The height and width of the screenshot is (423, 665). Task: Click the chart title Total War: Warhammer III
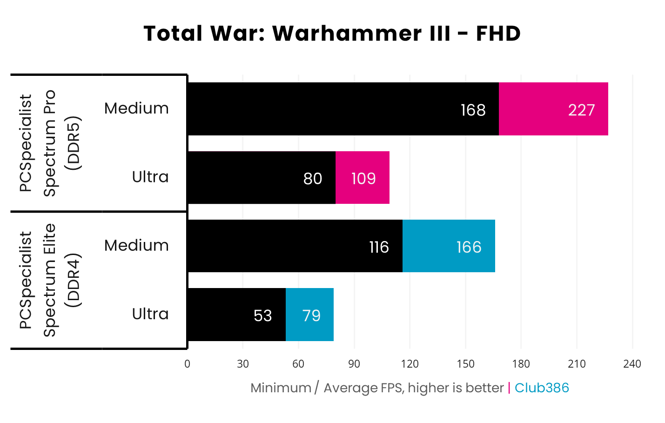tap(332, 34)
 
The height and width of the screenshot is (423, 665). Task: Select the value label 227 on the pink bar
tap(581, 110)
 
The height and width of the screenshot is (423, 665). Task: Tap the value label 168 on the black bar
tap(473, 110)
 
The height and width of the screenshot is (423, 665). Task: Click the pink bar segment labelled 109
tap(363, 178)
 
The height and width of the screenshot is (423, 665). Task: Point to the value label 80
tap(312, 178)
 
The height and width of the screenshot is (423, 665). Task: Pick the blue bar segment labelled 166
tap(449, 246)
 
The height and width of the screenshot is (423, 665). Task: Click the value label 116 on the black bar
tap(379, 247)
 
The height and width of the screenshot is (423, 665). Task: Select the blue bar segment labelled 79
tap(309, 315)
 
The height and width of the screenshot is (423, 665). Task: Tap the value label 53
tap(262, 316)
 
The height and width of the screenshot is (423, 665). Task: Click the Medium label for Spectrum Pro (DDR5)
tap(136, 108)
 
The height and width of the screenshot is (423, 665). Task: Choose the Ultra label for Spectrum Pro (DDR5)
tap(150, 177)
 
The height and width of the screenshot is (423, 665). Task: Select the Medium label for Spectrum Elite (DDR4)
tap(136, 245)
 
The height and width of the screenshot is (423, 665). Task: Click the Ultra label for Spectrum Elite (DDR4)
tap(150, 314)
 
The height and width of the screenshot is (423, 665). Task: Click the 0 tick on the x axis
tap(187, 364)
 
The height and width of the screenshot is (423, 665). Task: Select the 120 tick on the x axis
tap(410, 364)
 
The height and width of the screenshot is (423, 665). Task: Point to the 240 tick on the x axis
tap(632, 364)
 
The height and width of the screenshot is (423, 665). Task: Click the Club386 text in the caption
tap(542, 388)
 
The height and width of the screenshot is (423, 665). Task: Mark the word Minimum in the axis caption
tap(281, 388)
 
